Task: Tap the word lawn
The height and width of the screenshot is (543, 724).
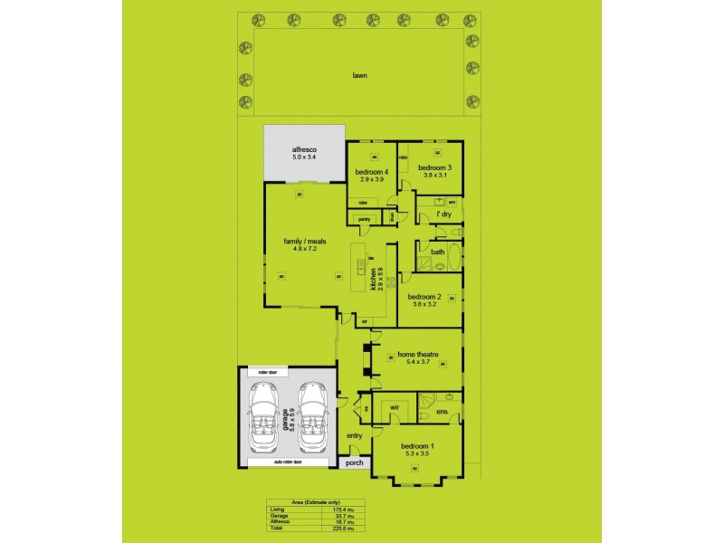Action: [x=360, y=76]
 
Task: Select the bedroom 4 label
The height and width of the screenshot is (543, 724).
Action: [x=371, y=172]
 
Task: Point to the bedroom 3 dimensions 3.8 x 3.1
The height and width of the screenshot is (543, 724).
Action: [x=435, y=175]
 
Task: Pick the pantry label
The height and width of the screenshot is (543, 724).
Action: [x=365, y=219]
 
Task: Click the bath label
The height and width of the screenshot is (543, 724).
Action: [x=436, y=252]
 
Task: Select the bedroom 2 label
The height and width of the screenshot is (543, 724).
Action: [x=424, y=297]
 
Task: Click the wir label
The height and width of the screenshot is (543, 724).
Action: [x=395, y=408]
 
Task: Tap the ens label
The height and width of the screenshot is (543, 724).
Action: [x=443, y=413]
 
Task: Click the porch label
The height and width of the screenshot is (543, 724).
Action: [x=353, y=463]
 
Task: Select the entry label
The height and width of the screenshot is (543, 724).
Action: [x=353, y=436]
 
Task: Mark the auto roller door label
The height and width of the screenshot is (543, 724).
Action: [x=288, y=462]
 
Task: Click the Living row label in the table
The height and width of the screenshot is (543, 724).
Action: [x=277, y=510]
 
